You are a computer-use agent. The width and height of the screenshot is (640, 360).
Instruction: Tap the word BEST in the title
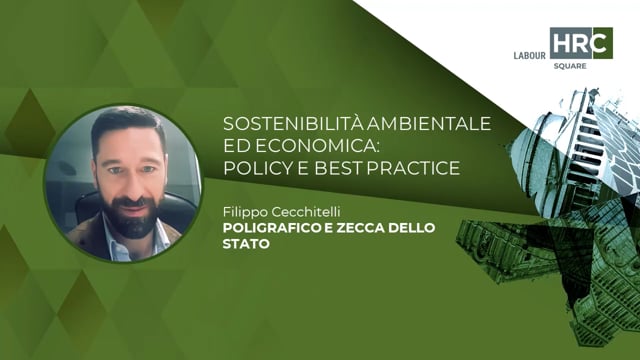[x=338, y=167]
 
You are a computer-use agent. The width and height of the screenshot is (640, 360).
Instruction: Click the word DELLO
[x=410, y=228]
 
